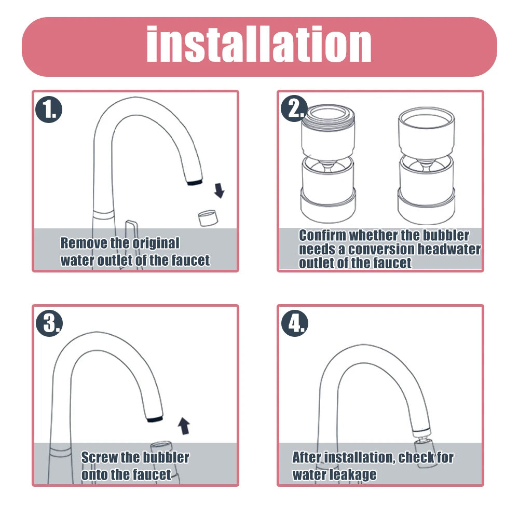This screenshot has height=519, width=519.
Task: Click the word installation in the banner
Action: pos(258,46)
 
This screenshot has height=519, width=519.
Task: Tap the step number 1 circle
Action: pos(49,110)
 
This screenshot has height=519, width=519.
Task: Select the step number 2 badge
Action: pos(294,109)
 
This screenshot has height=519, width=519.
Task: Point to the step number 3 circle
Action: pos(49,324)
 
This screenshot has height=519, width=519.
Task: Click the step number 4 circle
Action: pos(294,324)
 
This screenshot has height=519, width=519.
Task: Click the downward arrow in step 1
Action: pos(220,191)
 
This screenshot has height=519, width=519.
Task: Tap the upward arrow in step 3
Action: pos(183,426)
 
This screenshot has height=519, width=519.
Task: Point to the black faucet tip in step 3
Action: pos(154,418)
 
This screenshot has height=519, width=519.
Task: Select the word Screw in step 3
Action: pos(100,457)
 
